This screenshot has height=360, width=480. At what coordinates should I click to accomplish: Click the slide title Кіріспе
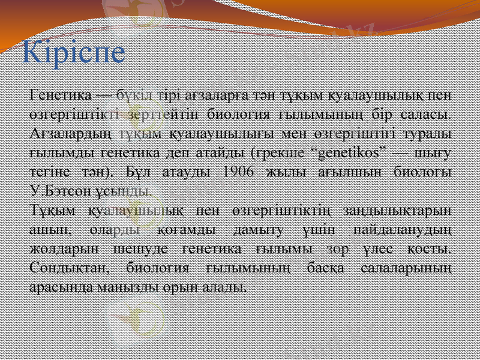(74, 53)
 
